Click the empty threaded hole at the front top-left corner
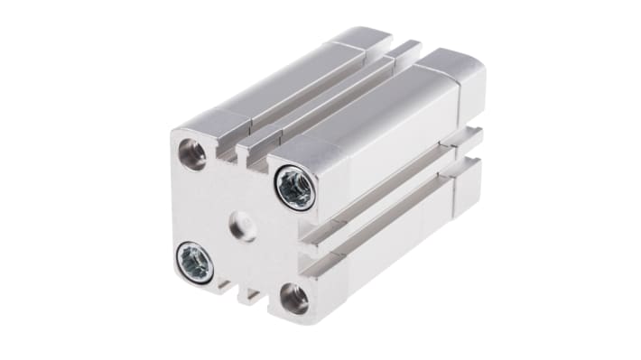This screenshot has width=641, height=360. (191, 154)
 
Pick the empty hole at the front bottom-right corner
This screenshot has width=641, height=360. (294, 297)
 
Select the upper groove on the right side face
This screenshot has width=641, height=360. (397, 195)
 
